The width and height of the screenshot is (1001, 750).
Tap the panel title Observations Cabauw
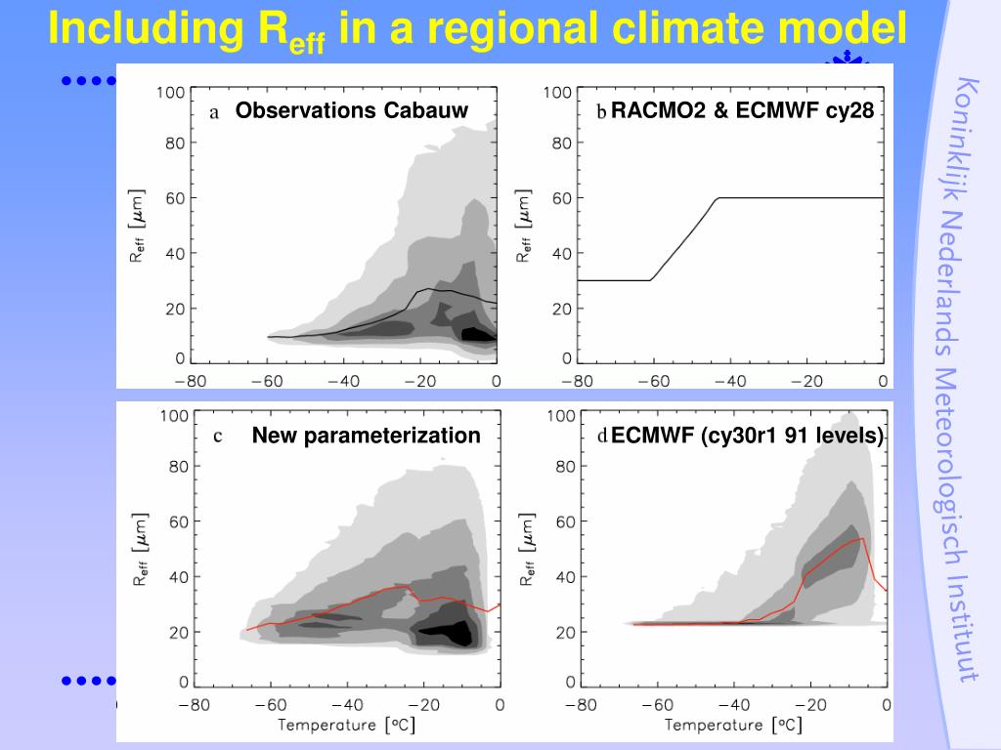(352, 110)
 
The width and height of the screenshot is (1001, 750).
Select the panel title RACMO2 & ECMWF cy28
(743, 110)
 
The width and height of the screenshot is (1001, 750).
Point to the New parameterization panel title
(367, 436)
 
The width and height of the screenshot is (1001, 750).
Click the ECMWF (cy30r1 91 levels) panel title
(747, 436)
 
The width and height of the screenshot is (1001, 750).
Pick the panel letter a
(214, 112)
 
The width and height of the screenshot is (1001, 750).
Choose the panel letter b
(602, 112)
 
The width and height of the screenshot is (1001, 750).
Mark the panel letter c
(218, 437)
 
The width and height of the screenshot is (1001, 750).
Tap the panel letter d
(603, 437)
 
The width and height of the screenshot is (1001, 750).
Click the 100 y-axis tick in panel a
(170, 93)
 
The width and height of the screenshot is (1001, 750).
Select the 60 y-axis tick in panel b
(559, 198)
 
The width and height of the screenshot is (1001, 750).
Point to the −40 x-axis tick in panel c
(345, 703)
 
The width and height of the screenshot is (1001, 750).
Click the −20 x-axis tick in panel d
(808, 703)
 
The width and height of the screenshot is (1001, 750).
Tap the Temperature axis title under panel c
(339, 725)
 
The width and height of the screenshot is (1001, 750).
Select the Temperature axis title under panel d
(728, 725)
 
